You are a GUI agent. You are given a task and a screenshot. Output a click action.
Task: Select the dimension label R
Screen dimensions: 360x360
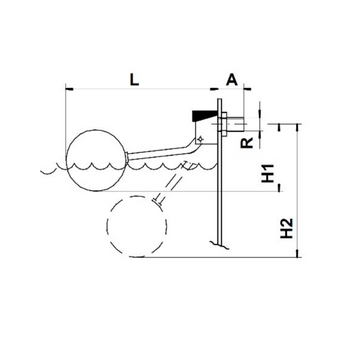[x=247, y=141]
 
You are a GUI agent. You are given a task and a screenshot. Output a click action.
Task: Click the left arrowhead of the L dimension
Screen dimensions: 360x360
[x=69, y=89]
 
